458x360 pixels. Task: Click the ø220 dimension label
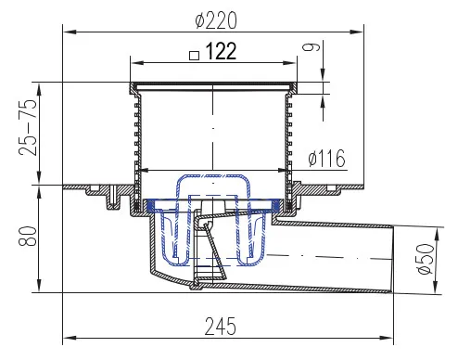216,20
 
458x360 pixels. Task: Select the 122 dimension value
221,51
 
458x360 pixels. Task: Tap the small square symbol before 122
194,56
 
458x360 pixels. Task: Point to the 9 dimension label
312,47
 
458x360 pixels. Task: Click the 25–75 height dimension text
27,127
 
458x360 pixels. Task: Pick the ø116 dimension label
326,158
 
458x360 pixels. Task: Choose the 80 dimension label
27,237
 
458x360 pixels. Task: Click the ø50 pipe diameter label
426,259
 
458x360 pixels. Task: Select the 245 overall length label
221,327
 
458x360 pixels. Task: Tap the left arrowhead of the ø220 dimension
70,32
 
